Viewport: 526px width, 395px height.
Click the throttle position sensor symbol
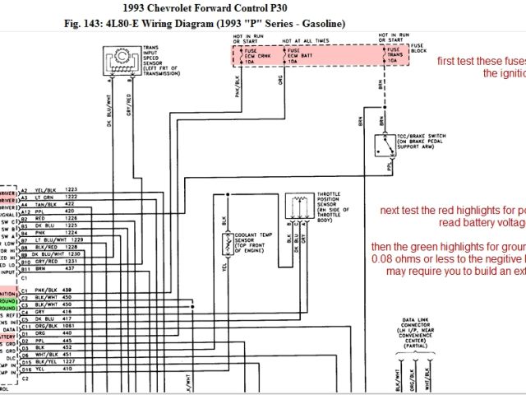point(299,208)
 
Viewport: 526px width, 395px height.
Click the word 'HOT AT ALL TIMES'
point(307,40)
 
